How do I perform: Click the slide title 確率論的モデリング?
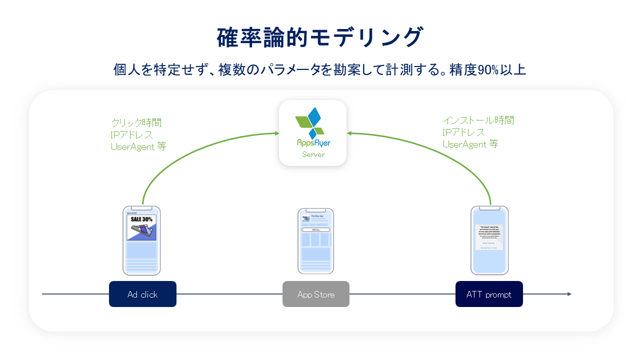point(320,38)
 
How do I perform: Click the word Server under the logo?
point(313,154)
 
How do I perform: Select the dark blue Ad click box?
point(142,294)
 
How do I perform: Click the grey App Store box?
point(315,294)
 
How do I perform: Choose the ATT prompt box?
point(489,294)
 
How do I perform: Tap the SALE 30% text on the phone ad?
point(141,219)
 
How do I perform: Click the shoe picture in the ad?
point(141,231)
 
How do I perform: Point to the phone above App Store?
point(315,241)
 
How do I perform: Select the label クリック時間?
point(136,122)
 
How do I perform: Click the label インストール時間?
point(478,120)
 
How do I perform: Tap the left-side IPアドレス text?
point(132,134)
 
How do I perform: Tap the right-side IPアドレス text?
point(464,132)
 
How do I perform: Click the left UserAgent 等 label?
point(138,146)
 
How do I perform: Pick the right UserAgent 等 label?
point(470,144)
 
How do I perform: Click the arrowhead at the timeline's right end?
point(569,294)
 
